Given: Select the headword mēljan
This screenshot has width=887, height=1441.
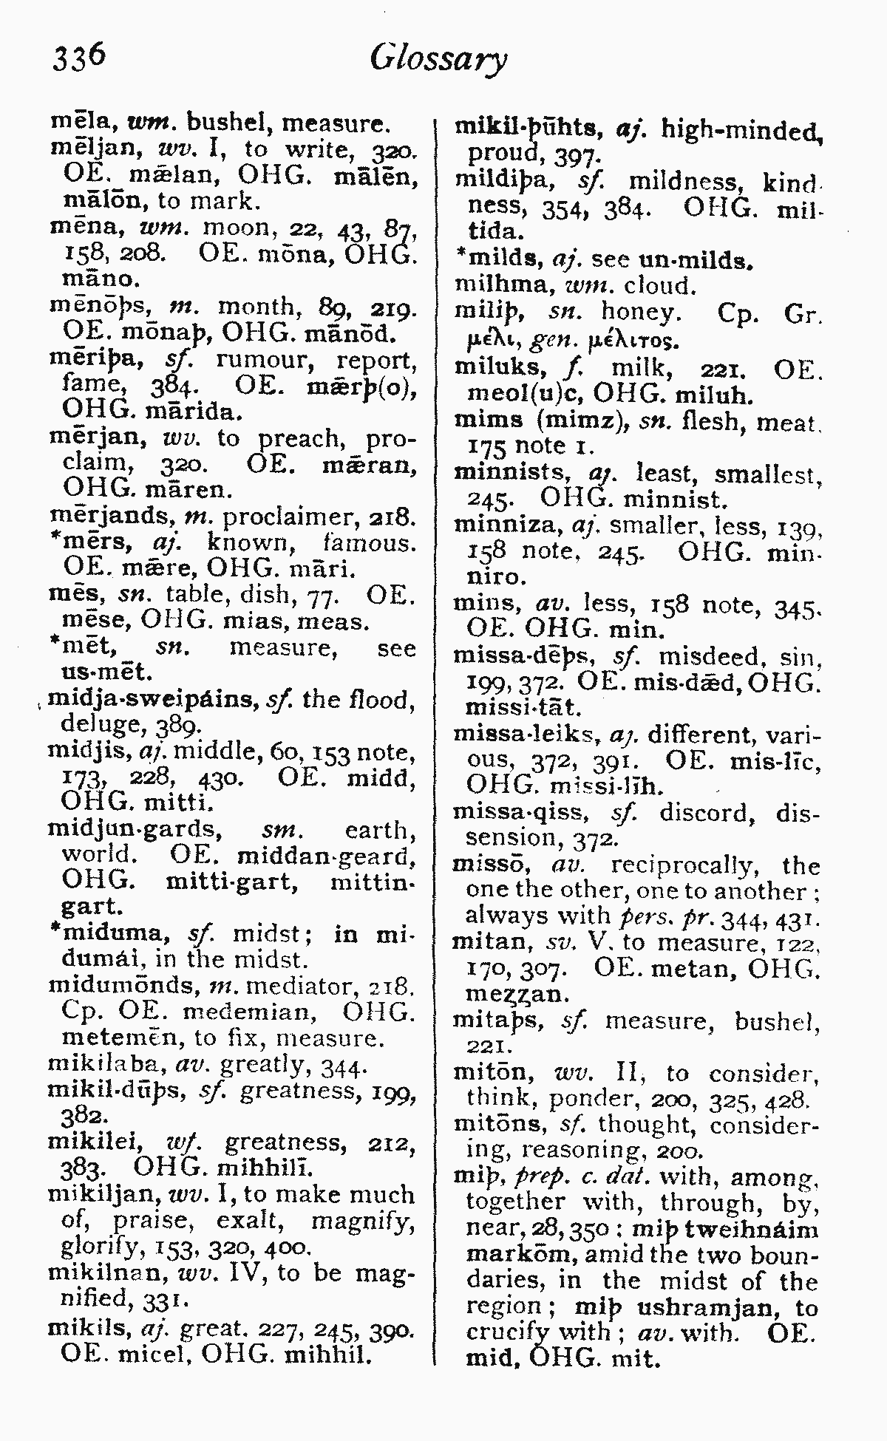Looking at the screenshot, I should (98, 149).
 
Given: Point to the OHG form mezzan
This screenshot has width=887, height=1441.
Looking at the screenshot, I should (514, 994).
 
